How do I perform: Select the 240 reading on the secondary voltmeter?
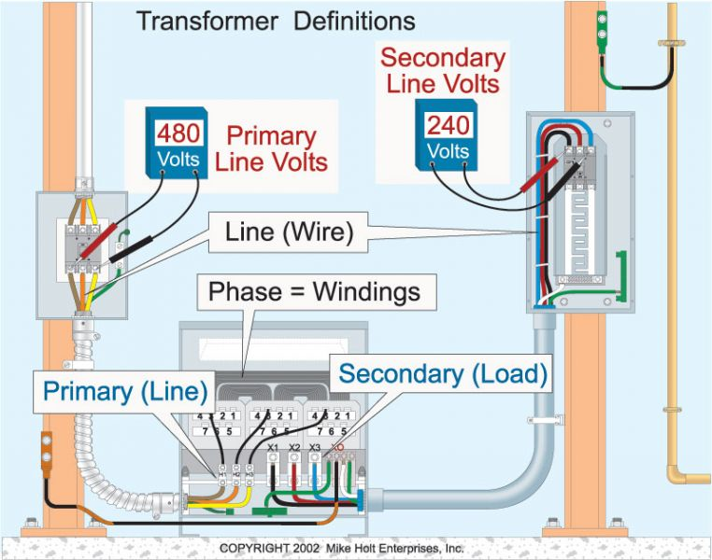pos(448,125)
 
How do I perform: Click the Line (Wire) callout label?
pos(290,232)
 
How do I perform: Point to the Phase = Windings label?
pos(313,292)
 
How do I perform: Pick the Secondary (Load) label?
pos(442,374)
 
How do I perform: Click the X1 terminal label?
pos(273,448)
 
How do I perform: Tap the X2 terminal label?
pos(294,448)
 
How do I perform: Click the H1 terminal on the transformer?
pos(223,475)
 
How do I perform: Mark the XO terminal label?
pos(342,448)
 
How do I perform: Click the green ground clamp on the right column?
pos(602,27)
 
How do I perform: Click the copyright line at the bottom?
pos(342,548)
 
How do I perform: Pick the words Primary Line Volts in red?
pos(271,148)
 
